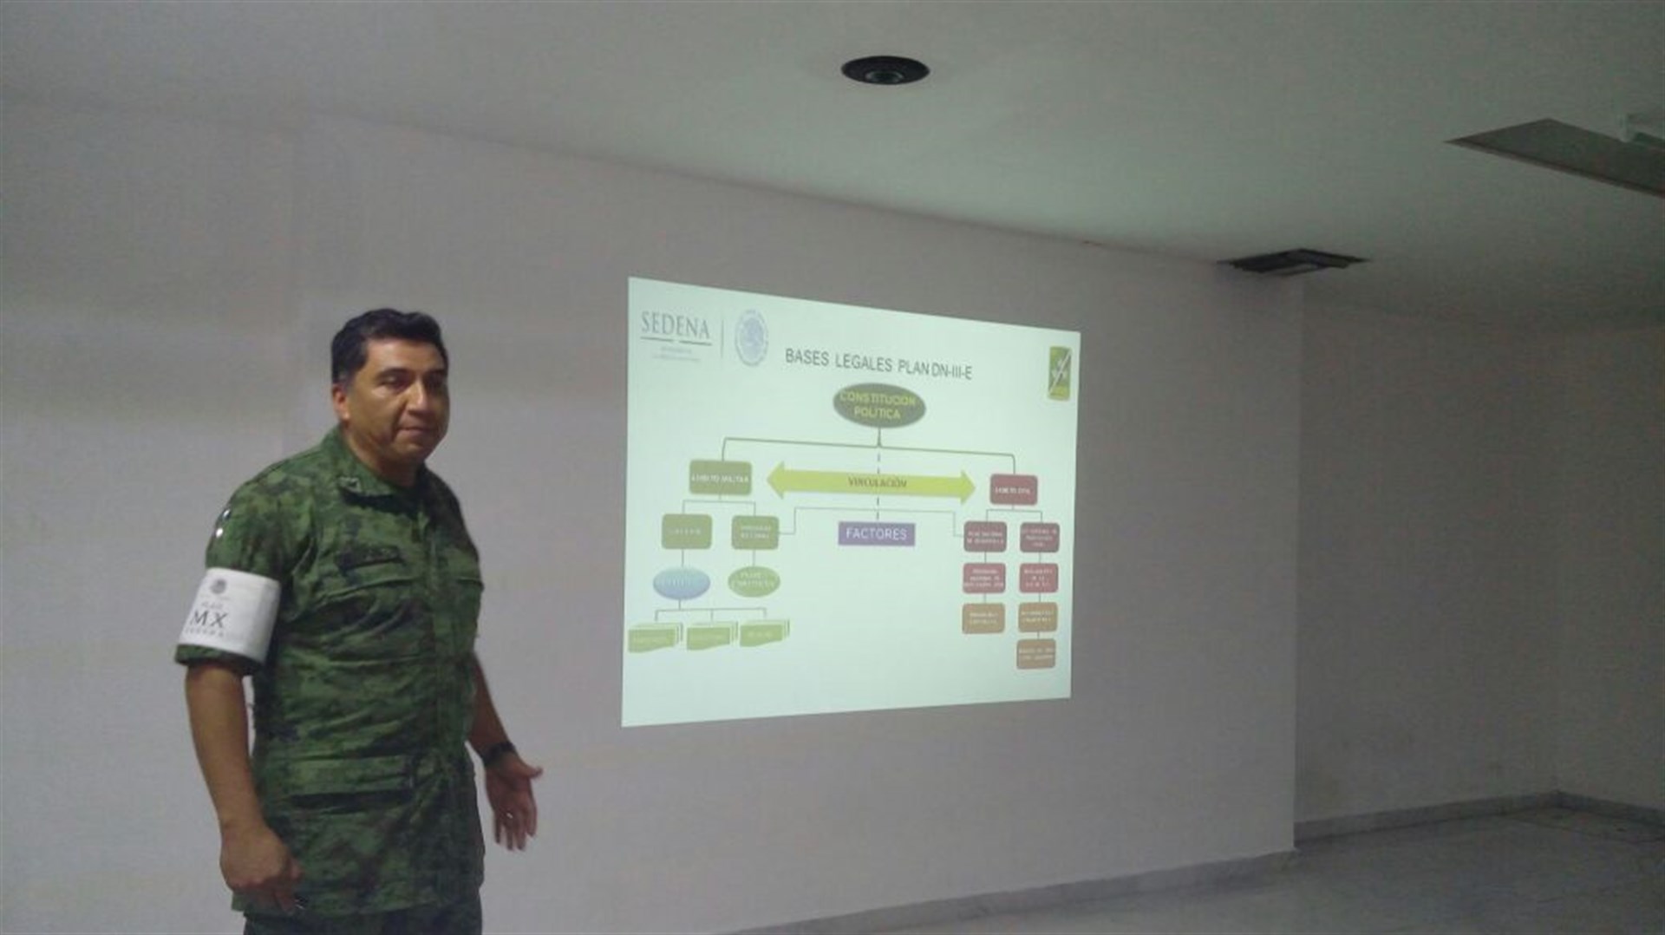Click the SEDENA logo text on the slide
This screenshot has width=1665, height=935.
click(x=675, y=327)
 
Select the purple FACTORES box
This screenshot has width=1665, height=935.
click(x=876, y=533)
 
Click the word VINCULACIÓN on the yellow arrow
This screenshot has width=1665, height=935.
click(x=877, y=483)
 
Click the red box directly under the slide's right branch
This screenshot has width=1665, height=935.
click(x=1013, y=490)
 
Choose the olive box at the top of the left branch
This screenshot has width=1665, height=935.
click(x=720, y=478)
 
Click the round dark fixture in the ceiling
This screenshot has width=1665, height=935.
click(x=884, y=69)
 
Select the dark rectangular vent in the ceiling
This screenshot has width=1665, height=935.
click(x=1291, y=259)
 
